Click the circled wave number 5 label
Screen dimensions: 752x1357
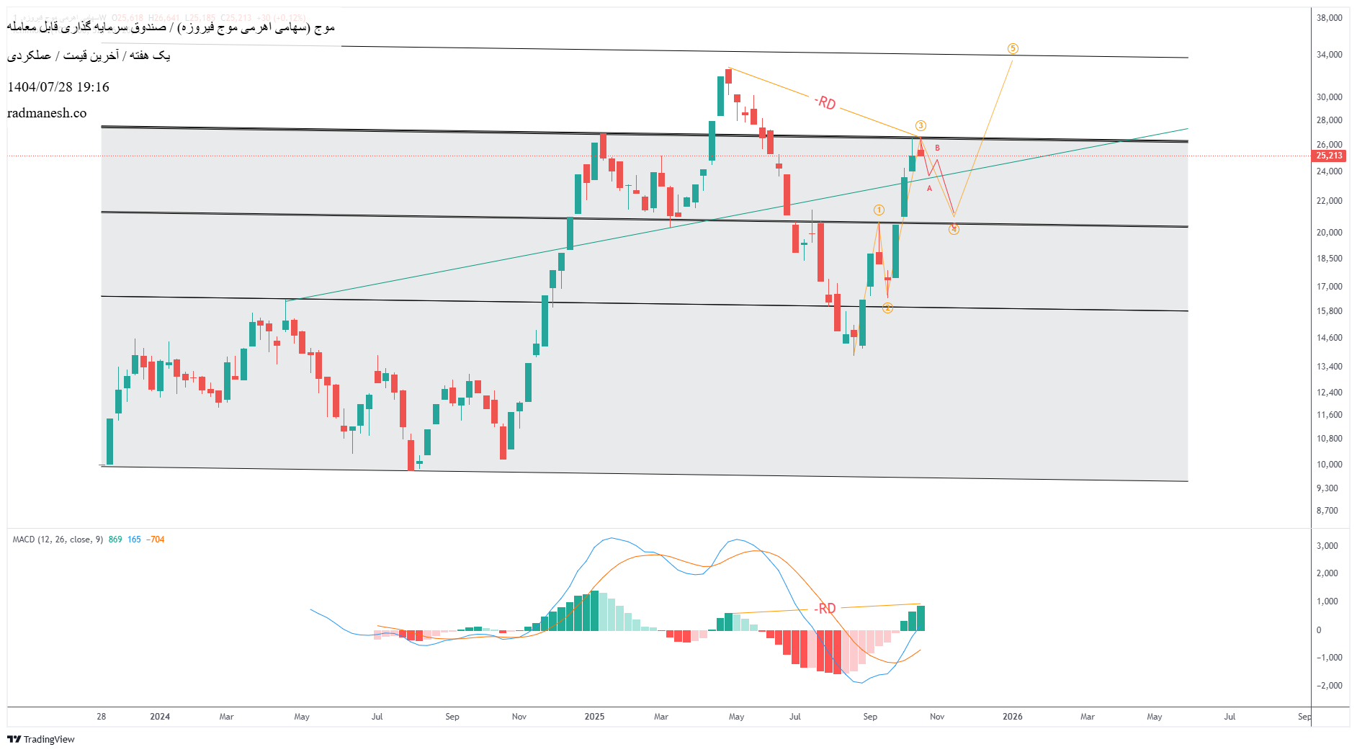pos(1013,49)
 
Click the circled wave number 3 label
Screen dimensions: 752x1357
pos(921,126)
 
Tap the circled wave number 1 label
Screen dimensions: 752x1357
pos(879,210)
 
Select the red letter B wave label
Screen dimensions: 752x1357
pos(937,148)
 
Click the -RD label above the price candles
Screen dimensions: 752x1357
pos(825,103)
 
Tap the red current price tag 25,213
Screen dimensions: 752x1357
pos(1329,156)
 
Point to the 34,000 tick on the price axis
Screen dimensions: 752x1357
pos(1329,55)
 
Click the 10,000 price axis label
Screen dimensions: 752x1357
pos(1329,465)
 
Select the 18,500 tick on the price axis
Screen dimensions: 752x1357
pos(1329,259)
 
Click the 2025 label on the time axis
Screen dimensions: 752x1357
pos(594,717)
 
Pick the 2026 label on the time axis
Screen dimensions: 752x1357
pos(1012,717)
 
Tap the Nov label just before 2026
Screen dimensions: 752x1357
pos(936,717)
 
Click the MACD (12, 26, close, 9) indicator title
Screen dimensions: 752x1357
pos(58,540)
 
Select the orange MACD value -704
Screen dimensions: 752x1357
pos(156,540)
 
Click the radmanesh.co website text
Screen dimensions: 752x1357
pos(47,113)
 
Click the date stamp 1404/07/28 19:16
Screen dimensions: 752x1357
pos(58,87)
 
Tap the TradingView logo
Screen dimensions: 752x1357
pos(41,739)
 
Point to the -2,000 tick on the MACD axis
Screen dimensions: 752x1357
pos(1329,686)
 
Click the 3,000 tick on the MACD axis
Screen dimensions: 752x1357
pos(1327,546)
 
